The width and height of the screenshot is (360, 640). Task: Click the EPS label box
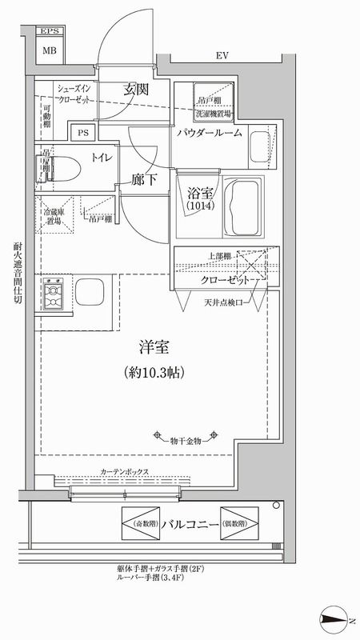tap(50, 32)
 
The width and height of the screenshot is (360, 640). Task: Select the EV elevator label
tap(222, 55)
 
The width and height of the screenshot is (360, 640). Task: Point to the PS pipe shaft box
tap(82, 134)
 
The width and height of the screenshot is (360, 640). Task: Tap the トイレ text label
tap(102, 159)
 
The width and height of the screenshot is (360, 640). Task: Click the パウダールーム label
tap(210, 134)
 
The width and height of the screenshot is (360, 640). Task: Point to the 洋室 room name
tap(152, 349)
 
